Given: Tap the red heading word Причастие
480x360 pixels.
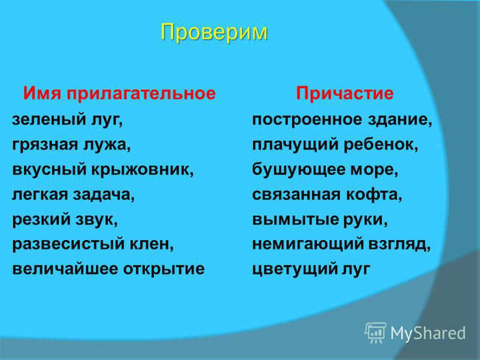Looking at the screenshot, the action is [344, 93].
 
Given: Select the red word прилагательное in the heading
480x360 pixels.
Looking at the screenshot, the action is [141, 94].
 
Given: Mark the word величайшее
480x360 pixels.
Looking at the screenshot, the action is [64, 269].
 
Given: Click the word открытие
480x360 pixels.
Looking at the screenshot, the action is [164, 269].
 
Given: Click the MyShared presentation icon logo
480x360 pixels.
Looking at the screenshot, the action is [375, 333].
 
